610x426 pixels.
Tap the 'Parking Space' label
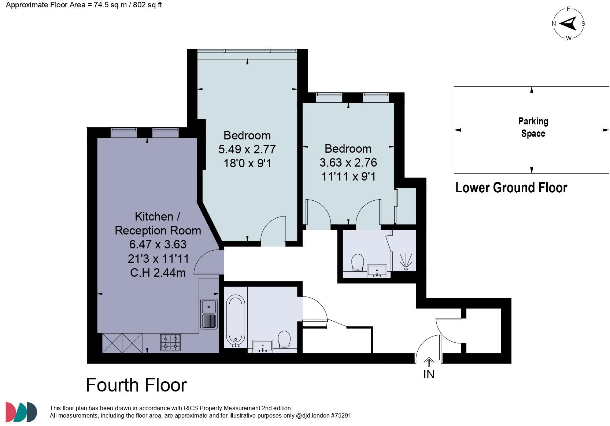click(533, 127)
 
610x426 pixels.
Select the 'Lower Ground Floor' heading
click(511, 187)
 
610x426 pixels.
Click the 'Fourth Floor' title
click(136, 385)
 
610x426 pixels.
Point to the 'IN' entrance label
click(429, 374)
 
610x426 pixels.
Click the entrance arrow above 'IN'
click(429, 361)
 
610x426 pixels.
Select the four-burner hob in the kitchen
click(170, 342)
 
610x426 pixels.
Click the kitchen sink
click(209, 314)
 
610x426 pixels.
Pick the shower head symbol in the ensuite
click(406, 262)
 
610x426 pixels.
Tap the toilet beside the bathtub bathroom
click(284, 339)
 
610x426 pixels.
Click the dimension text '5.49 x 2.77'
click(247, 149)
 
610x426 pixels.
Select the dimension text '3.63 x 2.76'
click(348, 163)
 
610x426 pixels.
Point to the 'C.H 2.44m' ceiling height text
click(158, 273)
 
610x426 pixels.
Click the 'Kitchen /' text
click(158, 216)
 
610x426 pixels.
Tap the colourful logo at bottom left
click(21, 412)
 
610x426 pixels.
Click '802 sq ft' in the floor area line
click(147, 5)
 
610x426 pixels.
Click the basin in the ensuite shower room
click(377, 271)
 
